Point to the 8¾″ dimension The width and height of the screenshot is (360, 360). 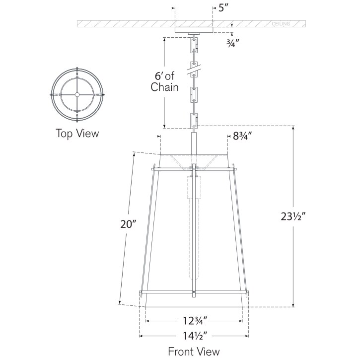244,136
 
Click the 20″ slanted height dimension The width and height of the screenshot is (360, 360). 128,224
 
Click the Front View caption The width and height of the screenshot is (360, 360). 193,352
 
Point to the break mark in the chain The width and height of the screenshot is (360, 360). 194,68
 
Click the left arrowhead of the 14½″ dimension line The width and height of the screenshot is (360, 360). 141,336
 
